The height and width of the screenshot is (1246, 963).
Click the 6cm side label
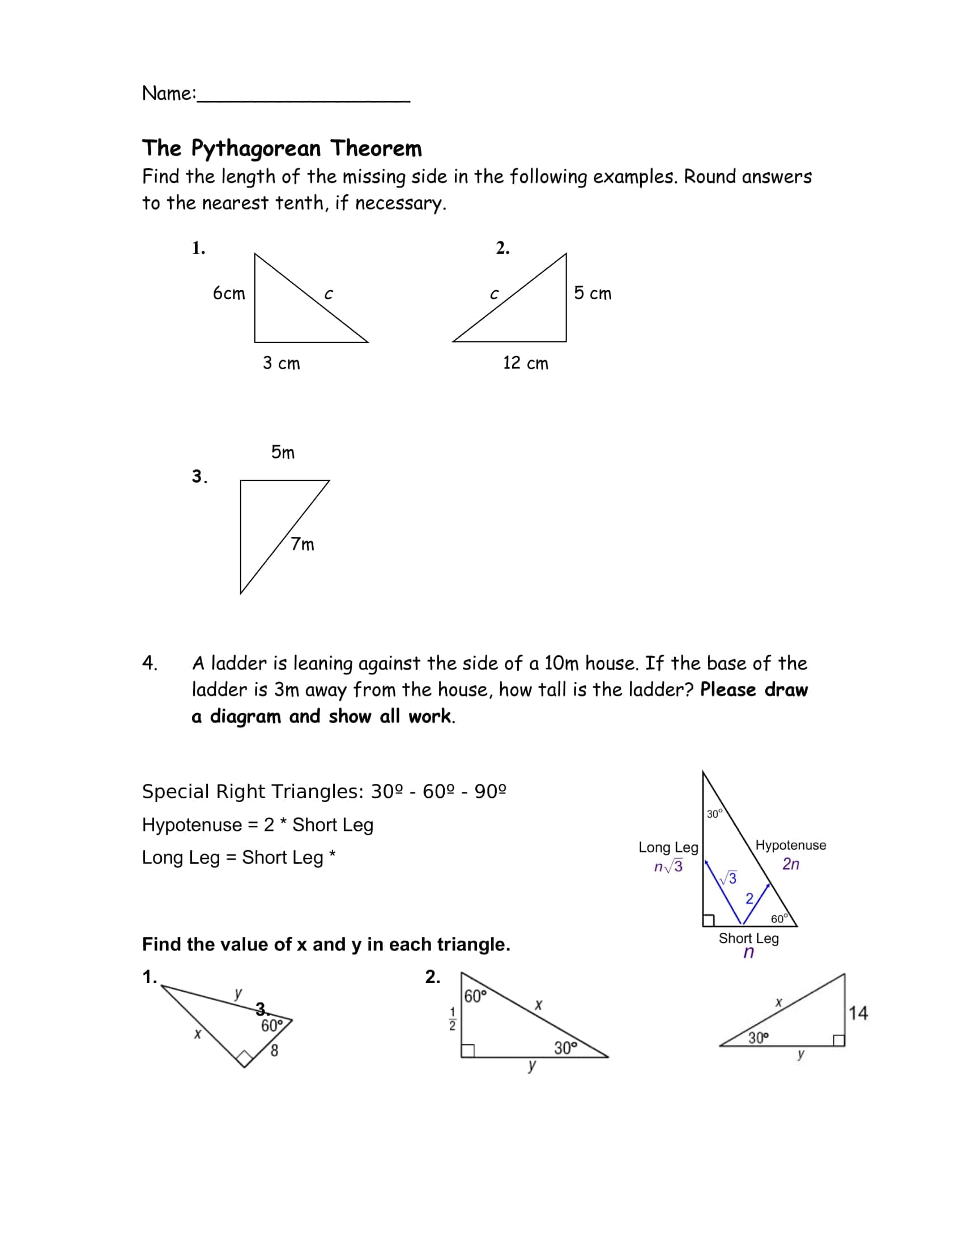pos(229,293)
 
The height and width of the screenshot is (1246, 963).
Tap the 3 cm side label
pos(282,363)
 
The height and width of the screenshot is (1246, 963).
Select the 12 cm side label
pos(526,363)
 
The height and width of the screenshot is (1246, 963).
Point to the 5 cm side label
pos(593,293)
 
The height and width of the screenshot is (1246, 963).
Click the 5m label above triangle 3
pos(283,453)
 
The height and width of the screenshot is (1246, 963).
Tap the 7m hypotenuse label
pos(302,544)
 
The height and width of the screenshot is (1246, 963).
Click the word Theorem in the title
pos(376,148)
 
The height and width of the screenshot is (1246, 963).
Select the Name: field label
pos(169,93)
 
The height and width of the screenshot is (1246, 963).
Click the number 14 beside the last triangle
pos(858,1013)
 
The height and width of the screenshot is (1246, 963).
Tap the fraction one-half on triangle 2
pos(453,1019)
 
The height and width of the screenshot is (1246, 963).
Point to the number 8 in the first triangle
pos(274,1050)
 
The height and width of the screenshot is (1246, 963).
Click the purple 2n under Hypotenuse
pos(791,864)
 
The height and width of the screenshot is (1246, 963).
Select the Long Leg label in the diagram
pos(668,847)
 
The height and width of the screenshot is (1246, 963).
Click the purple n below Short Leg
pos(748,952)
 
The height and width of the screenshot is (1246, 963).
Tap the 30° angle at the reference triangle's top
pos(714,814)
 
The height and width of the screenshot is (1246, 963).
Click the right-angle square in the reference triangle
pos(709,920)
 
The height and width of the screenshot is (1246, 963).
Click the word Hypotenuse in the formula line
pos(191,825)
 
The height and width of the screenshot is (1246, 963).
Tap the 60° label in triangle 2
pos(475,997)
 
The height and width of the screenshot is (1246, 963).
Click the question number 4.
pos(150,663)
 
